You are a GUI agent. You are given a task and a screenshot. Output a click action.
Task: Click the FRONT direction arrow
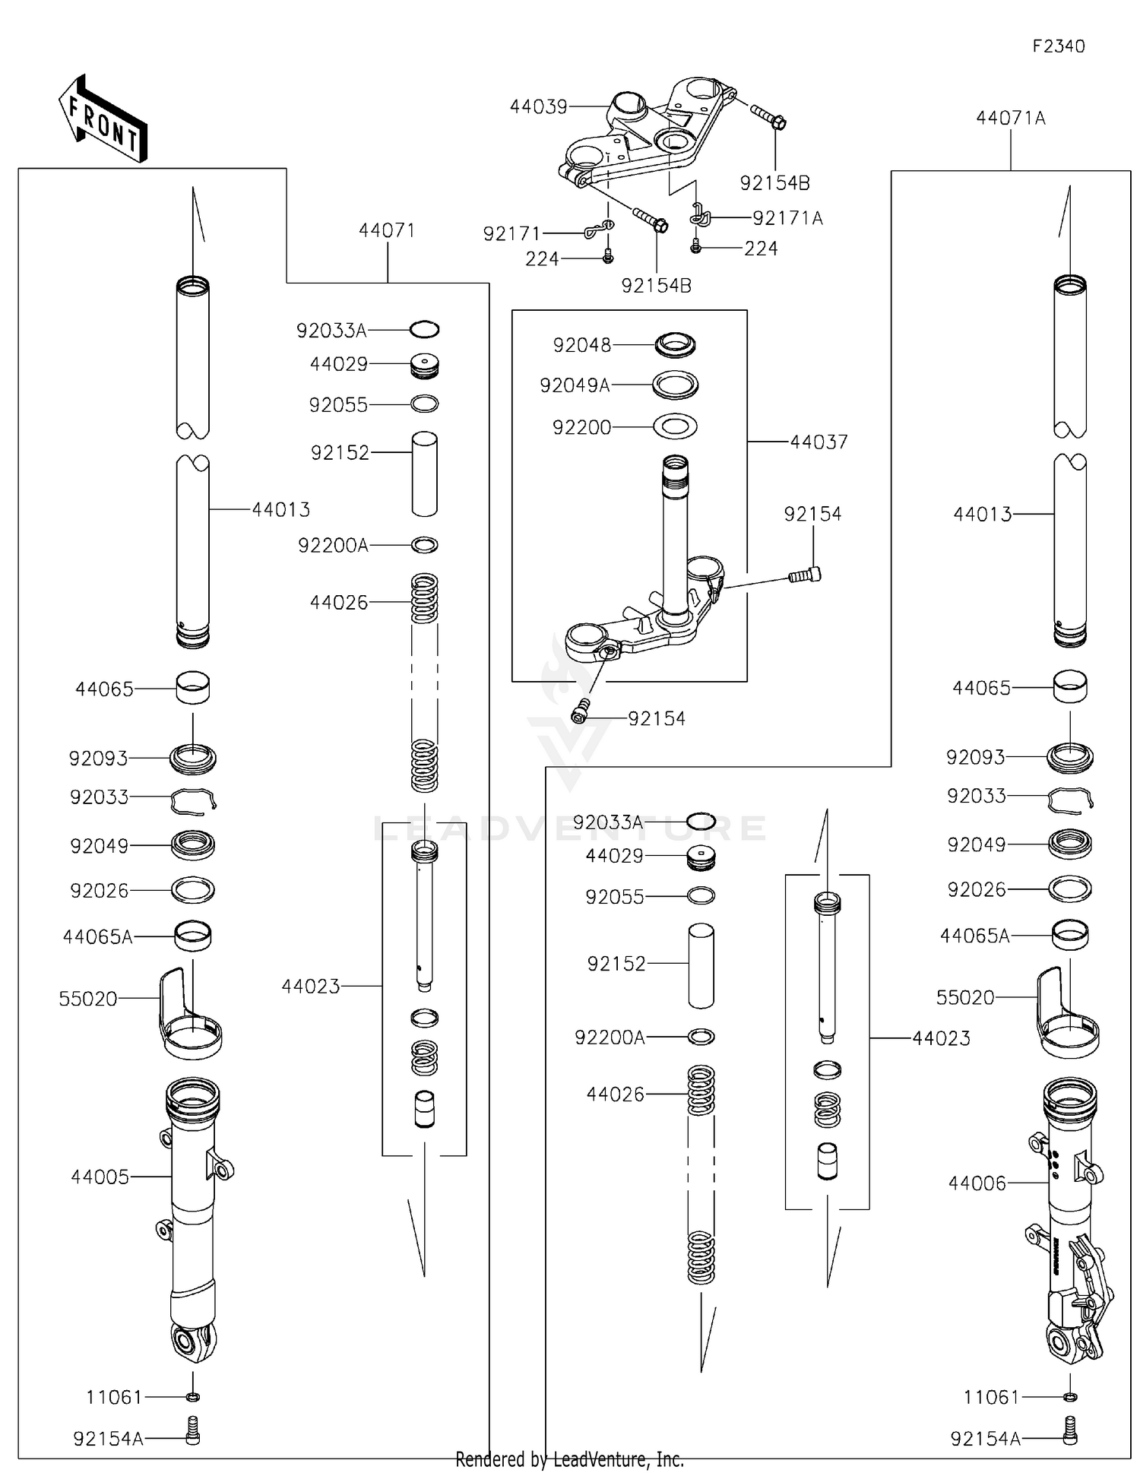tap(103, 119)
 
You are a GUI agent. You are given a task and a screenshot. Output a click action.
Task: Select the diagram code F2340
tap(1058, 46)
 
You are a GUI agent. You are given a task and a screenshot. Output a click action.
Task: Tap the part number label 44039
tap(538, 107)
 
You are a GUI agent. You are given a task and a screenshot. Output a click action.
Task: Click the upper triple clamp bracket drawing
tap(646, 137)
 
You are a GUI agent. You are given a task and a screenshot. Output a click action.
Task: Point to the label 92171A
tap(787, 218)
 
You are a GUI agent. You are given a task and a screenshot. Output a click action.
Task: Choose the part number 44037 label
tap(819, 442)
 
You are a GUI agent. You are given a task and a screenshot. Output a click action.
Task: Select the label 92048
tap(581, 345)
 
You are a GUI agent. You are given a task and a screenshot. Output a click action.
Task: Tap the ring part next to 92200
tap(675, 426)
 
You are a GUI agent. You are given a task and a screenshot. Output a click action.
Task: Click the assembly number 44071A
tap(1010, 119)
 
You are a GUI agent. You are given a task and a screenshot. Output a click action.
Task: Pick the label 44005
tap(100, 1177)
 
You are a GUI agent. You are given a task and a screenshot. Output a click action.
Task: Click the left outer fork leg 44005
tap(193, 1216)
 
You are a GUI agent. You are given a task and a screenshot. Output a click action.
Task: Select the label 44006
tap(977, 1183)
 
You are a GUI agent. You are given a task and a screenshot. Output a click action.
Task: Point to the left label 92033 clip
tap(100, 797)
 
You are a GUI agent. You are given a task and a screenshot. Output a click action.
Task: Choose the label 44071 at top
tap(387, 230)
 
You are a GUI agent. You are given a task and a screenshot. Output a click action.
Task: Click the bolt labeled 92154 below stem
tap(581, 712)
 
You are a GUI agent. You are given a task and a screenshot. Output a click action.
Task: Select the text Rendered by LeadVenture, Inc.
tap(569, 1459)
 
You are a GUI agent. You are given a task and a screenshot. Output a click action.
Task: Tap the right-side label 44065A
tap(974, 936)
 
